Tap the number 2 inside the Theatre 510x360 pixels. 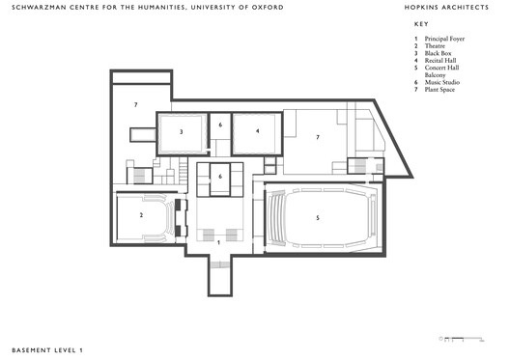141,215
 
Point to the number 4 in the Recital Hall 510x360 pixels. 258,129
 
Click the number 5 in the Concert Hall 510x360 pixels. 317,218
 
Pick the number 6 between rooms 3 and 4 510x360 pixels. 220,125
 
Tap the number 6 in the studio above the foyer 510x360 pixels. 221,177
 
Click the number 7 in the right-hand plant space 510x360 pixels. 317,137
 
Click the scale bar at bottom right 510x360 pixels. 460,339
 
